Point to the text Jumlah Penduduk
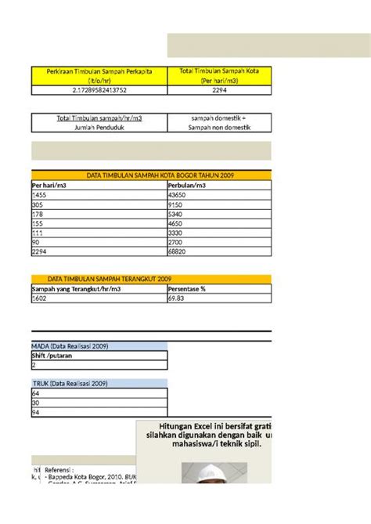pos(99,126)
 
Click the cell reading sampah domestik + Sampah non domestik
pos(219,122)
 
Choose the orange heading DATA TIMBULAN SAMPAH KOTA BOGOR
pos(150,175)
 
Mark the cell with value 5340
pos(177,214)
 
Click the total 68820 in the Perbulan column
pos(178,252)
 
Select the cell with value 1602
pos(39,298)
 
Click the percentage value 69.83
pos(177,298)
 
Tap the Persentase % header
pos(186,289)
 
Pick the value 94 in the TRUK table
pos(35,413)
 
